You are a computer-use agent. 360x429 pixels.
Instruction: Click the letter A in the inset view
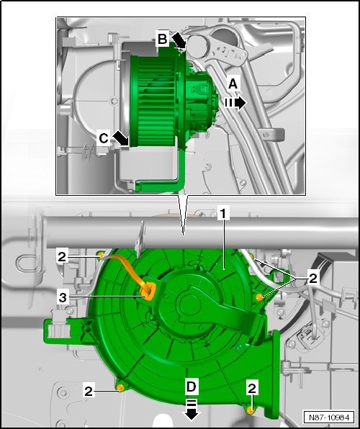(232, 84)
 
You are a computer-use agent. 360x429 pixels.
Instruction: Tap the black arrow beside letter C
(120, 137)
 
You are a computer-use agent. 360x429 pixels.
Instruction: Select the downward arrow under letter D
(192, 412)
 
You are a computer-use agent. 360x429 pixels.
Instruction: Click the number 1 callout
(224, 214)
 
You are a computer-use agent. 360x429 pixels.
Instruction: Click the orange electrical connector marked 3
(148, 291)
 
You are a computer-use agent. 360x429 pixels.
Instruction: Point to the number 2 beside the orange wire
(63, 255)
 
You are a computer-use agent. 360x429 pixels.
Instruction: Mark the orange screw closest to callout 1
(258, 295)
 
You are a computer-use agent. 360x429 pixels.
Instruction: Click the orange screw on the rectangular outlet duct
(251, 409)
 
